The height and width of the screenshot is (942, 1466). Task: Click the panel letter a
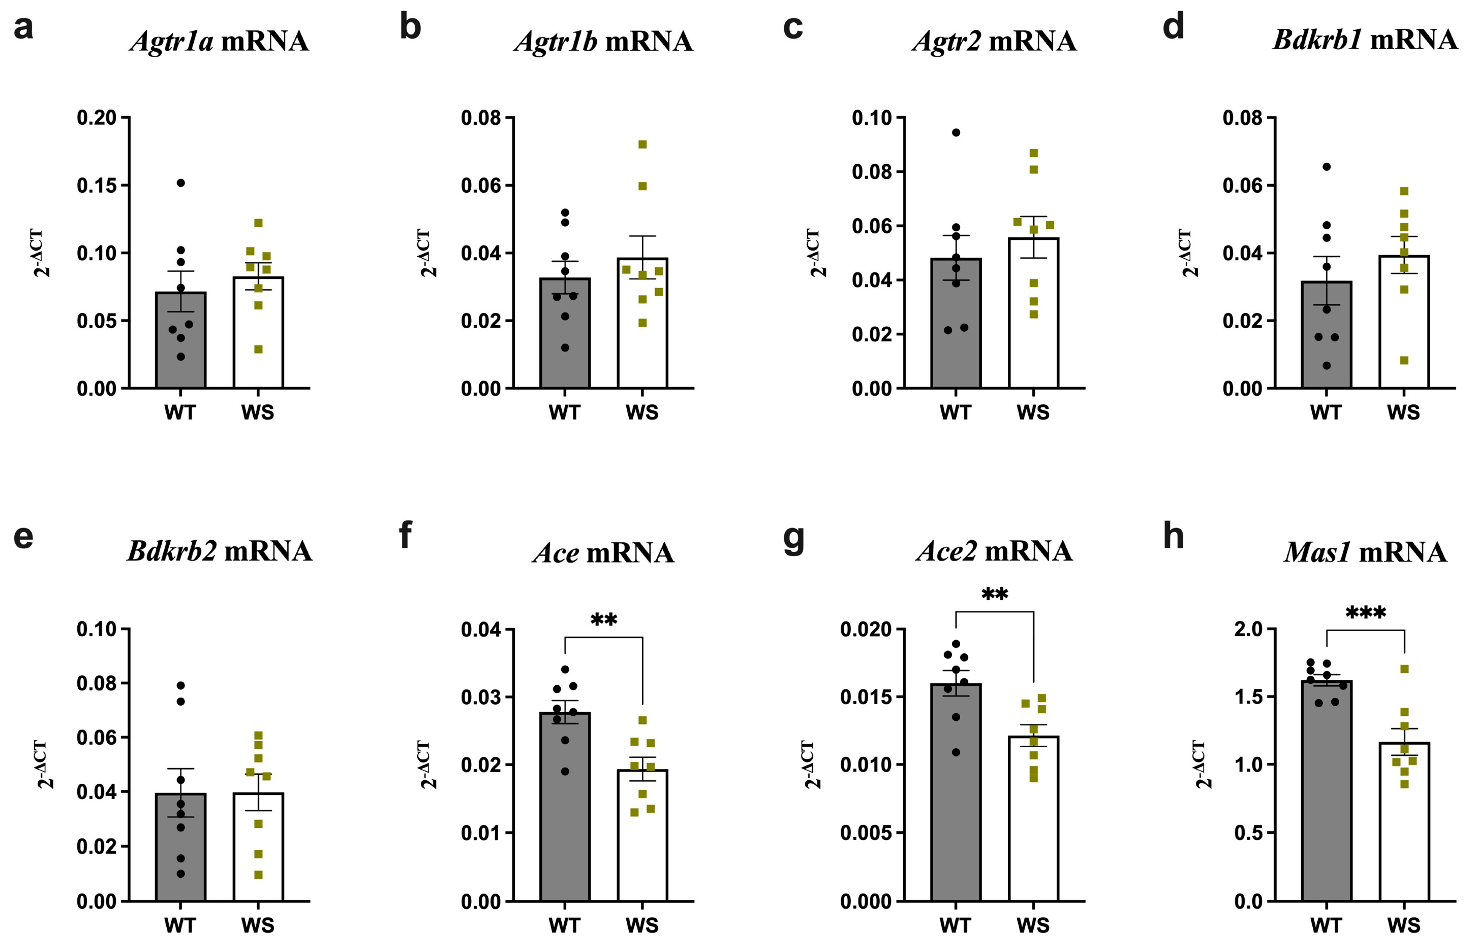(23, 28)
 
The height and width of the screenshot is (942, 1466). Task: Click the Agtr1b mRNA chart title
(603, 42)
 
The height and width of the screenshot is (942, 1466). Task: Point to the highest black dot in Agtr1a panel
(181, 183)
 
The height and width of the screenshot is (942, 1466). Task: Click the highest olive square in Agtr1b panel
(643, 144)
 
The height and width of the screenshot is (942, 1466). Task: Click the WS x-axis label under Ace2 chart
(1033, 924)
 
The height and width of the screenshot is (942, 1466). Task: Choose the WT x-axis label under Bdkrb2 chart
(180, 924)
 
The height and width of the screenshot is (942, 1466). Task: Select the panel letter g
(793, 538)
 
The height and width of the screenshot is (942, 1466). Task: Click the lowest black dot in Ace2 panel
(956, 752)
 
